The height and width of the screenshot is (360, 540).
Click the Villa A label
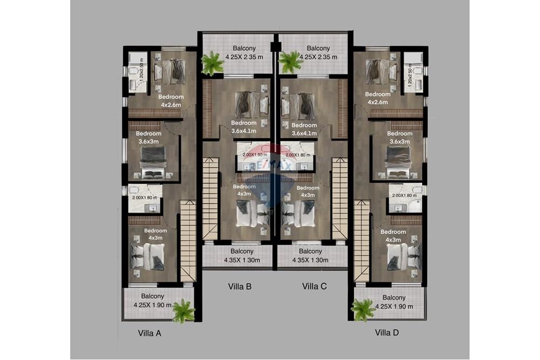tap(150, 333)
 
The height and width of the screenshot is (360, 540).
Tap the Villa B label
tap(240, 287)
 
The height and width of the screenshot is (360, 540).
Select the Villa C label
tap(314, 287)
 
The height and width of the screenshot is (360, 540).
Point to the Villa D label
tap(387, 332)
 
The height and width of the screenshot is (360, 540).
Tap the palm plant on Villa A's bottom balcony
tap(184, 311)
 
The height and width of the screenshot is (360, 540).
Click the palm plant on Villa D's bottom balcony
tap(362, 310)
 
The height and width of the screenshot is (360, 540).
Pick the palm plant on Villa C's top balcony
tap(291, 62)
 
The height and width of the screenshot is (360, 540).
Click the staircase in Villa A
tap(187, 240)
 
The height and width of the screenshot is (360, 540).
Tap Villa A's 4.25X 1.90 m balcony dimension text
tap(153, 305)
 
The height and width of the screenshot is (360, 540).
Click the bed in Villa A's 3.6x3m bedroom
tap(152, 162)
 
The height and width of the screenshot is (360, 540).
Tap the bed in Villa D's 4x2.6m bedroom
tap(381, 71)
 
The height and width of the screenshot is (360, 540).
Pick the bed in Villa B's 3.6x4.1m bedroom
tap(252, 104)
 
